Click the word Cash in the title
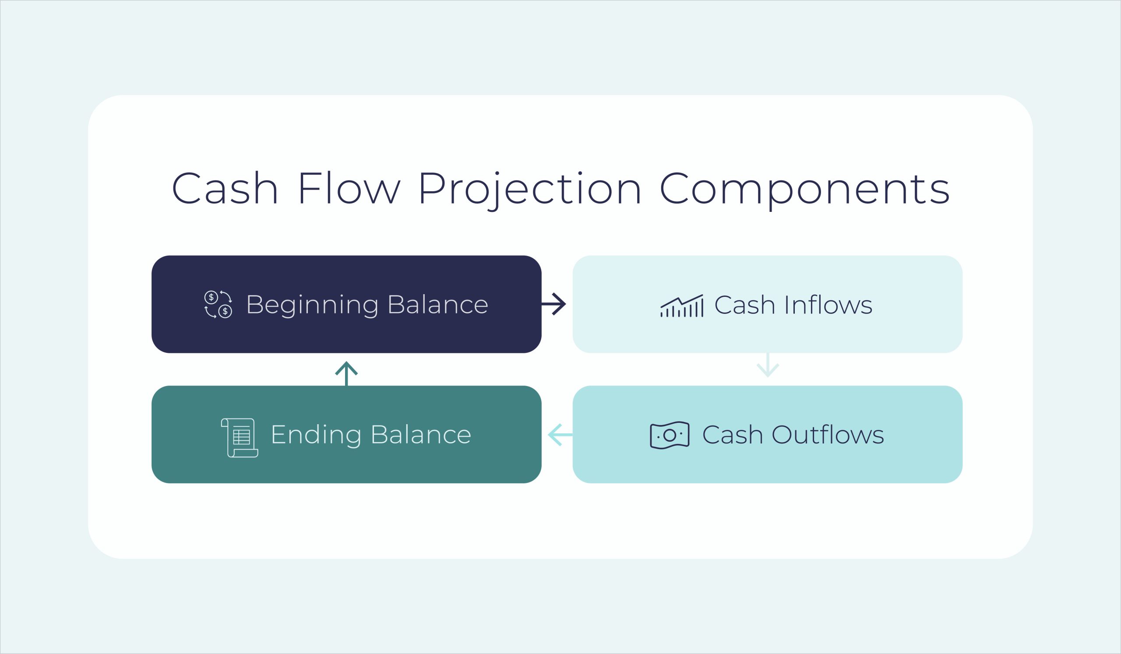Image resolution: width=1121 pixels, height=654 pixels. click(x=225, y=189)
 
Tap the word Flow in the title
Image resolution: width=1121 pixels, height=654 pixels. click(x=349, y=189)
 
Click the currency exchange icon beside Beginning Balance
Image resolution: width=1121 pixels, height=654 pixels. click(x=218, y=304)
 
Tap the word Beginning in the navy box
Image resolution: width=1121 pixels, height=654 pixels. click(x=312, y=305)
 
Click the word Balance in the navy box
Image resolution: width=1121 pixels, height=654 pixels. click(x=438, y=305)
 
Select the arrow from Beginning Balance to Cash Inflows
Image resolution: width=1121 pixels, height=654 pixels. click(x=554, y=304)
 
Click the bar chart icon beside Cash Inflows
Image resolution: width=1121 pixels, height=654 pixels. click(x=681, y=306)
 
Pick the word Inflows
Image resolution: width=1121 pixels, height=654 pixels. click(x=828, y=305)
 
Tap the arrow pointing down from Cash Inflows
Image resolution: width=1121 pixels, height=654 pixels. click(x=768, y=366)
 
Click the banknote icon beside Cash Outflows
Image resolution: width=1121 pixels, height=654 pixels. click(x=670, y=435)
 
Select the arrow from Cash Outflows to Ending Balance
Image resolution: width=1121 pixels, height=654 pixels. click(x=560, y=435)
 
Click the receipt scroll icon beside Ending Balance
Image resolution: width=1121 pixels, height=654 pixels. click(x=240, y=437)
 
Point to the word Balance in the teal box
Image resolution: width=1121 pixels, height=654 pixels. click(x=421, y=435)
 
